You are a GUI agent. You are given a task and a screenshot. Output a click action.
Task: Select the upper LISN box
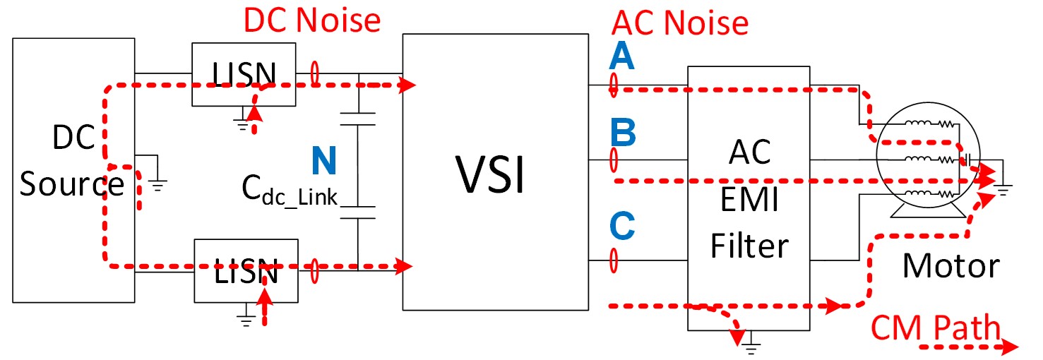pyautogui.click(x=244, y=74)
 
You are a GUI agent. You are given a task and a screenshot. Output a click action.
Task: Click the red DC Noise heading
pyautogui.click(x=312, y=20)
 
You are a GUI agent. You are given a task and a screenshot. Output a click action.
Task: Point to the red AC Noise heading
pyautogui.click(x=680, y=23)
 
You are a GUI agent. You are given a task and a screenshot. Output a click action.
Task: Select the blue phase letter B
pyautogui.click(x=623, y=131)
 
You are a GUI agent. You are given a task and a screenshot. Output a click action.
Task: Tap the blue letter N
pyautogui.click(x=324, y=161)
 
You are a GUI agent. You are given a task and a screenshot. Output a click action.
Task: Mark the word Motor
pyautogui.click(x=950, y=266)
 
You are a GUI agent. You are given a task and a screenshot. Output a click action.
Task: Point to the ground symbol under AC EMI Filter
pyautogui.click(x=751, y=345)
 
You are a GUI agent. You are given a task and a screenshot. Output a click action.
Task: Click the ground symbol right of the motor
pyautogui.click(x=1003, y=186)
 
